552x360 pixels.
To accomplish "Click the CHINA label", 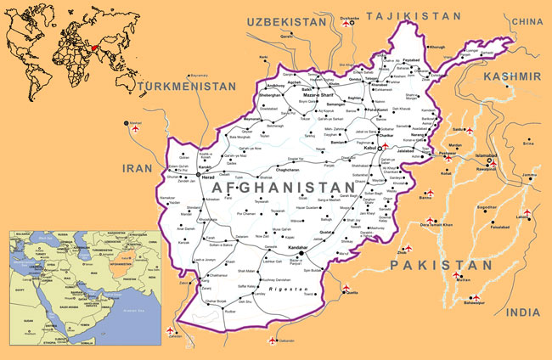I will pos(527,21).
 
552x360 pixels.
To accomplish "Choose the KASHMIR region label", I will pos(511,76).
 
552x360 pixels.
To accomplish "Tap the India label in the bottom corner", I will pos(522,312).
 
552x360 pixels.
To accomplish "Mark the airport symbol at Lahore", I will pos(527,211).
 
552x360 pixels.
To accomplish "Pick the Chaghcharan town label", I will pos(292,169).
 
